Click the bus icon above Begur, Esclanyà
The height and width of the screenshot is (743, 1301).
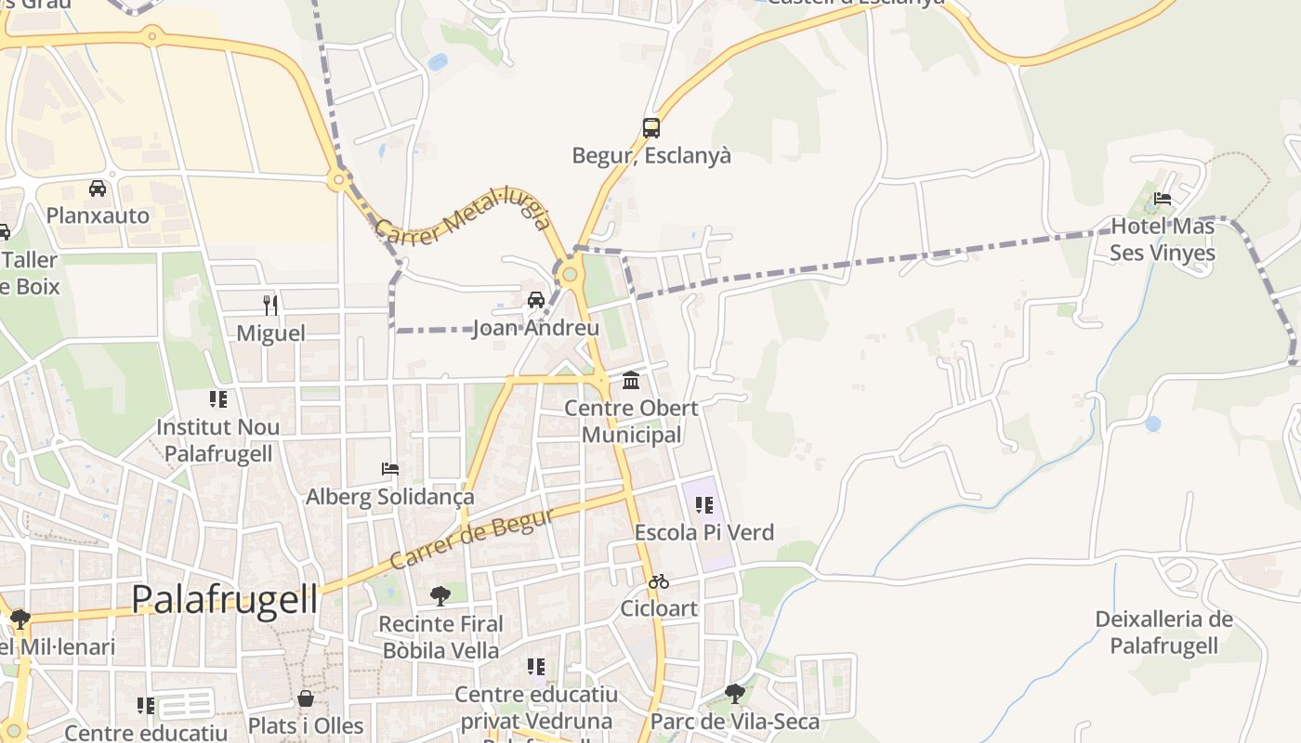pyautogui.click(x=651, y=128)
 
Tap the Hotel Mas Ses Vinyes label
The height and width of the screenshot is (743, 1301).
pyautogui.click(x=1163, y=240)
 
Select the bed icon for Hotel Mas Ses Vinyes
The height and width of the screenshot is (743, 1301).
pyautogui.click(x=1163, y=198)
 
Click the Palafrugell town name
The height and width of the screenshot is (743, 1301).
pyautogui.click(x=224, y=599)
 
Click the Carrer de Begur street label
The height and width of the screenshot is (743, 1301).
pyautogui.click(x=472, y=539)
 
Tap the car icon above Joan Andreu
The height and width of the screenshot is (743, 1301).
pyautogui.click(x=536, y=300)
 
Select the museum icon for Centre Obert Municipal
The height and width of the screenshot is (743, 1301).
pyautogui.click(x=631, y=381)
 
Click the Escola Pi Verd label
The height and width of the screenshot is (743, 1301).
pyautogui.click(x=703, y=533)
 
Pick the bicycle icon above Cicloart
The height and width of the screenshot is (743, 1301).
pyautogui.click(x=659, y=582)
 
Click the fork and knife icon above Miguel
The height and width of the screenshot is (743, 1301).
pyautogui.click(x=270, y=305)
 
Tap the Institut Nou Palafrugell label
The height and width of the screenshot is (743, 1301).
pyautogui.click(x=218, y=440)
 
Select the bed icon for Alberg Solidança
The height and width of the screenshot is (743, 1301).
pyautogui.click(x=390, y=469)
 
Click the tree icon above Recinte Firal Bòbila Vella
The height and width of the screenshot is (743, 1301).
pyautogui.click(x=440, y=595)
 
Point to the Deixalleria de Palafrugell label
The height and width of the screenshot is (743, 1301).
pyautogui.click(x=1163, y=632)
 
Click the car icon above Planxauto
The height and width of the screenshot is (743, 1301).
pyautogui.click(x=98, y=189)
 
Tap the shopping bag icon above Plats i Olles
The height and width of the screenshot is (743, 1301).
pyautogui.click(x=306, y=698)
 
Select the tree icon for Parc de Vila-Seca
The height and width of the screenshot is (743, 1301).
pyautogui.click(x=735, y=694)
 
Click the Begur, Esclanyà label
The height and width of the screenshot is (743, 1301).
pyautogui.click(x=651, y=156)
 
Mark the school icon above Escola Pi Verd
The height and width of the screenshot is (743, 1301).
pyautogui.click(x=703, y=505)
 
